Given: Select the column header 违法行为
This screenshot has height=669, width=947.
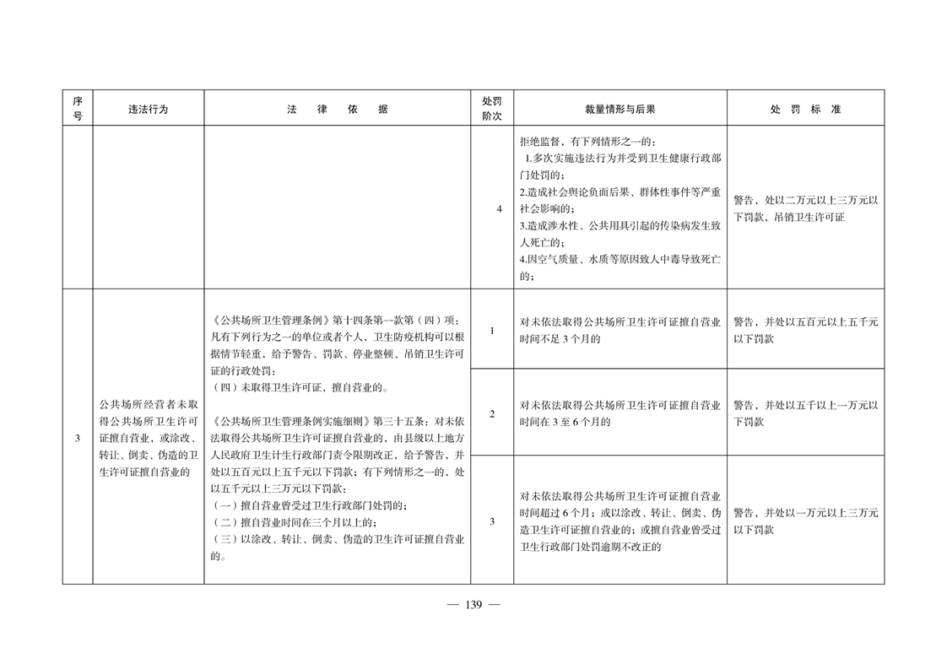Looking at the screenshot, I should tap(148, 109).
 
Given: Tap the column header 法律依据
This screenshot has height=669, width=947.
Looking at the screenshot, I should tap(337, 109).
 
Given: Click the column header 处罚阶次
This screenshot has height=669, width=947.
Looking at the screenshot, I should tap(491, 109).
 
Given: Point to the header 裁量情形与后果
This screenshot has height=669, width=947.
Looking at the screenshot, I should tap(620, 109).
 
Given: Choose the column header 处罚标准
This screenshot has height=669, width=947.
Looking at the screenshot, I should tap(805, 109).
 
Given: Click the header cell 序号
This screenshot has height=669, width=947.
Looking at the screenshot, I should tap(77, 109).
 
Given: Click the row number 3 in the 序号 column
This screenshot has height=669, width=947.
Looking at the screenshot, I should tap(77, 439).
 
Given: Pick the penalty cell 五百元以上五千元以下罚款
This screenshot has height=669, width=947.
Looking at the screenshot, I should tap(805, 330).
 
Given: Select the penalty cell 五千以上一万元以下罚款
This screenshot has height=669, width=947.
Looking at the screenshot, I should tap(805, 413).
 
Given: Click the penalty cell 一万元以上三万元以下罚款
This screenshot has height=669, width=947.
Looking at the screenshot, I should tap(805, 521).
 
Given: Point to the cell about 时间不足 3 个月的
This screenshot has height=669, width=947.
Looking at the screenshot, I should tap(620, 330).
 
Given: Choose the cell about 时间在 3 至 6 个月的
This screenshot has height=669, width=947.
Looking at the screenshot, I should tap(620, 413).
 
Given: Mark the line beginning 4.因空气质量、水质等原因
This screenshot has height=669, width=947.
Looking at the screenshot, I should tap(620, 258).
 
